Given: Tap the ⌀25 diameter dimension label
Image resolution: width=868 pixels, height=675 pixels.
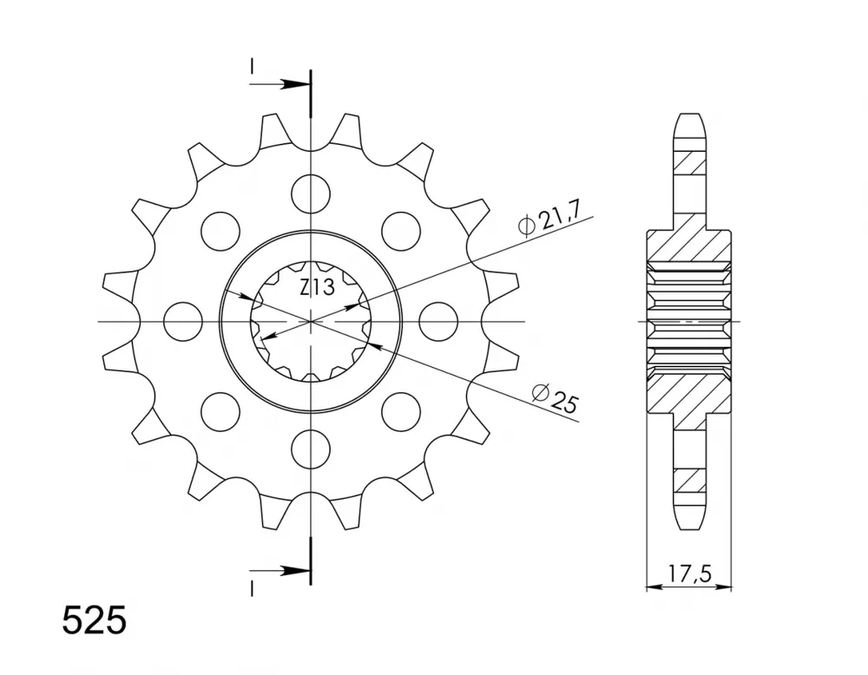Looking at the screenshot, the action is tap(555, 398).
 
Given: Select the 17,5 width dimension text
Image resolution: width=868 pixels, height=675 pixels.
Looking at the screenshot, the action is tap(689, 573).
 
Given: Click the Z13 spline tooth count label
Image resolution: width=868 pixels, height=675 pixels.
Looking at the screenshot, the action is tap(317, 288).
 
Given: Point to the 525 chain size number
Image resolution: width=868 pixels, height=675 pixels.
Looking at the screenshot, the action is tap(94, 621).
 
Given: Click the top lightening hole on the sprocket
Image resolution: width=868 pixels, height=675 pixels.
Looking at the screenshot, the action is tap(311, 193).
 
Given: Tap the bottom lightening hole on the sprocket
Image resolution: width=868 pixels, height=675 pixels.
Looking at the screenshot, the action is tap(311, 449).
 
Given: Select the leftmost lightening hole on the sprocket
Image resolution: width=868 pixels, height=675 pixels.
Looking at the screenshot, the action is tap(183, 321).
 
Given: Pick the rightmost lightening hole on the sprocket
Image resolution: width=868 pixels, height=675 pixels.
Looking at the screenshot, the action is tap(438, 321).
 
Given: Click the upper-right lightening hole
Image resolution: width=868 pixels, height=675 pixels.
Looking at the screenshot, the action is tap(401, 231).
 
